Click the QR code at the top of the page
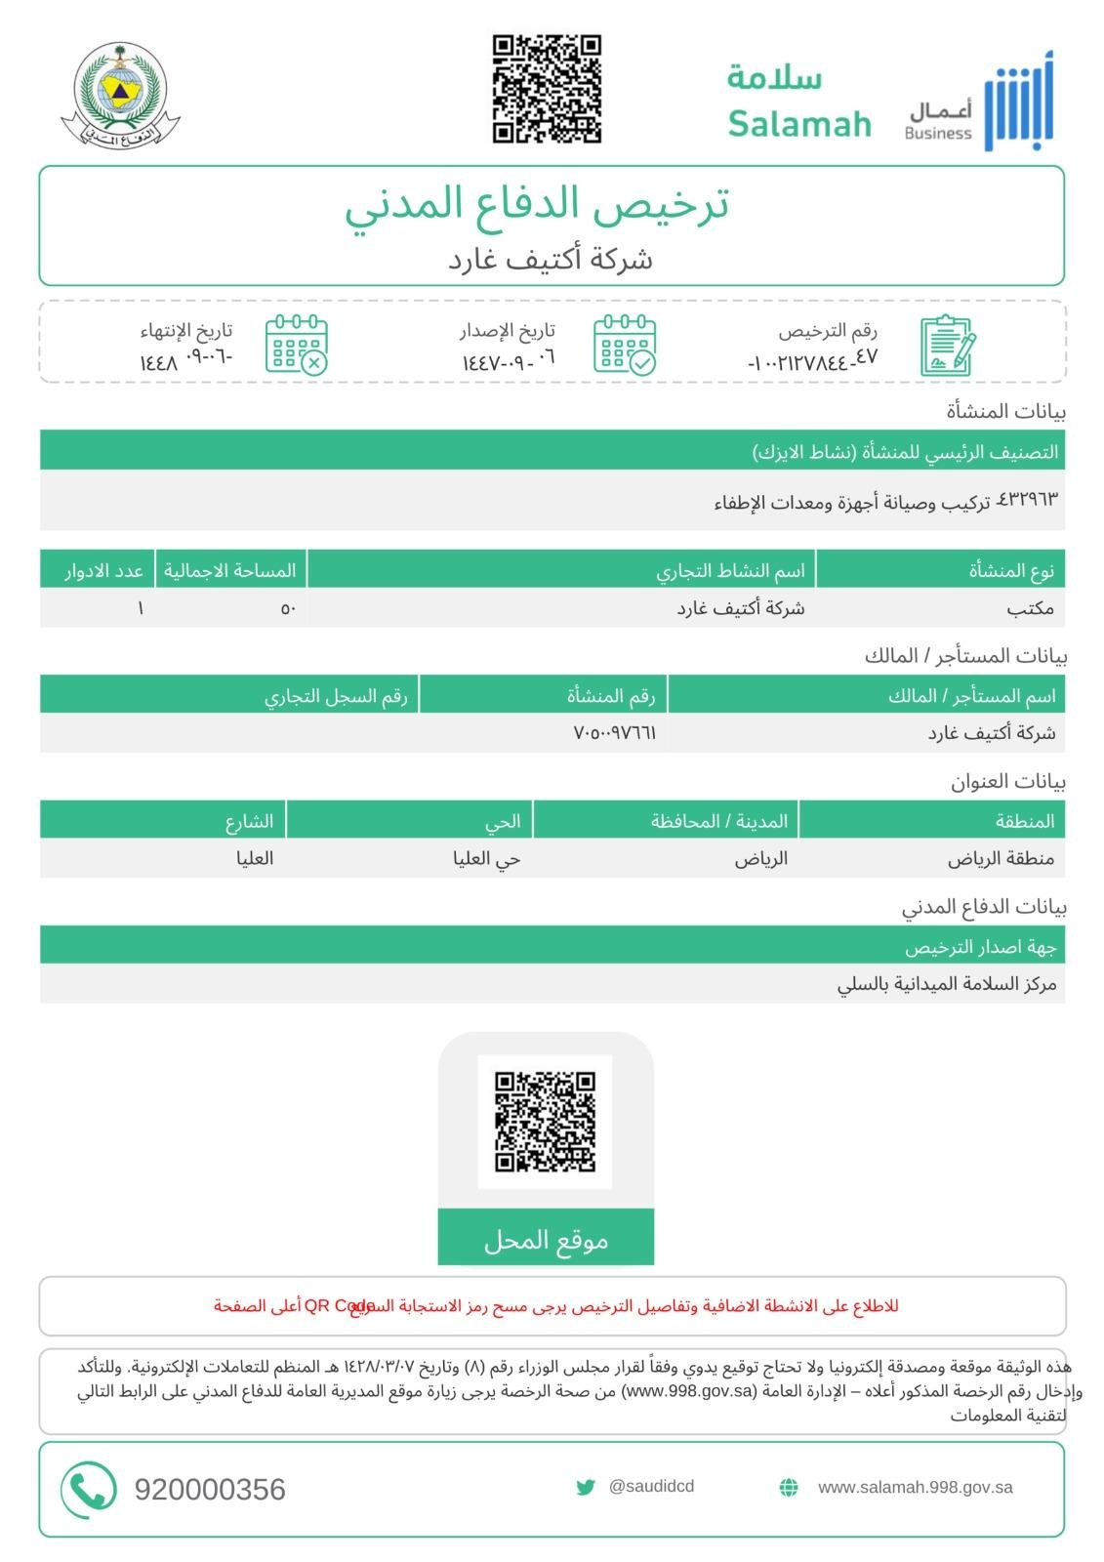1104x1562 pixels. (x=546, y=90)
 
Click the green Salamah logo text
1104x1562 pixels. (x=798, y=102)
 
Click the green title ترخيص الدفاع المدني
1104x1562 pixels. (x=536, y=203)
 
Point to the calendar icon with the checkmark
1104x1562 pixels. (x=625, y=344)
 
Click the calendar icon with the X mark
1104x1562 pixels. (x=297, y=344)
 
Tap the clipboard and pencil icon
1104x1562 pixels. (x=947, y=345)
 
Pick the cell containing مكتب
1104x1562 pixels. (x=1030, y=608)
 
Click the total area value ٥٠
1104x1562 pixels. (x=288, y=608)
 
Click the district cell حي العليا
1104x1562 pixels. (x=486, y=859)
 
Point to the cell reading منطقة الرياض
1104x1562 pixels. (x=1001, y=859)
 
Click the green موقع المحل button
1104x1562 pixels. (x=546, y=1240)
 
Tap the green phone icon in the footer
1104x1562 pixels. (x=89, y=1489)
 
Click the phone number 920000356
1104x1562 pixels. (x=210, y=1490)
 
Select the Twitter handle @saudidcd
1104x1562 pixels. (x=650, y=1486)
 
